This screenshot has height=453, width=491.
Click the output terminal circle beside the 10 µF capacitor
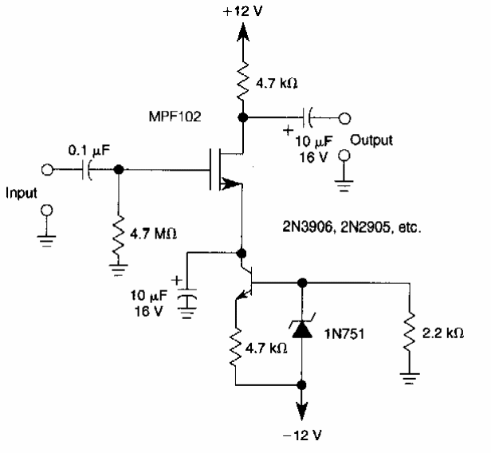pos(344,118)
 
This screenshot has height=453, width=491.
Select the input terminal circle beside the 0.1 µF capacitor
pos(48,169)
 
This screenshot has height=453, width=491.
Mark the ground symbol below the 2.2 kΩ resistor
pos(410,381)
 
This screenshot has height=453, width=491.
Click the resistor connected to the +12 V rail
pos(245,80)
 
